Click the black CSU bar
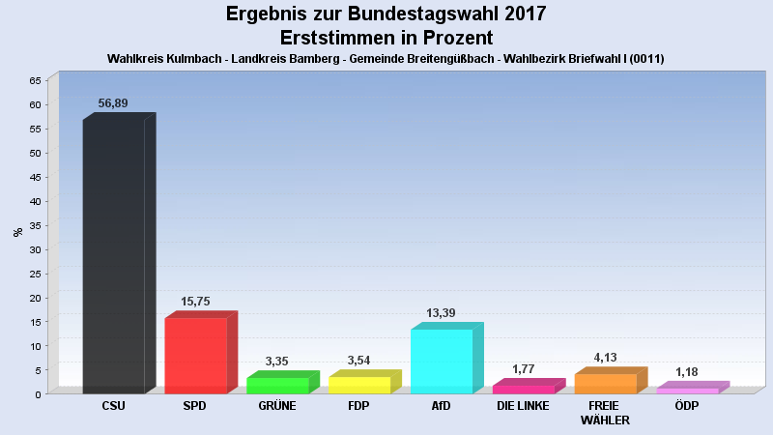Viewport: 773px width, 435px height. coord(119,253)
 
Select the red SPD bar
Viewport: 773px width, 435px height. coord(201,352)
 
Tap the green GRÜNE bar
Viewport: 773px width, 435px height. coord(283,382)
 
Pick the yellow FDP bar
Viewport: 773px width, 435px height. coord(365,382)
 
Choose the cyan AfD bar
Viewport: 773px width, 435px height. coord(447,358)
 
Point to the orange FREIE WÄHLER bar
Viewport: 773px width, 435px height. coord(612,380)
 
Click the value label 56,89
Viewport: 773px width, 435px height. coord(113,103)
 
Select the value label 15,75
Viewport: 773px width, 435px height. coord(195,302)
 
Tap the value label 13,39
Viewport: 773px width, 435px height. coord(441,313)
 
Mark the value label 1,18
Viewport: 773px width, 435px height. coord(687,372)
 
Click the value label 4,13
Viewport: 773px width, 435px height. coord(605,358)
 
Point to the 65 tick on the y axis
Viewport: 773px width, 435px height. coord(35,80)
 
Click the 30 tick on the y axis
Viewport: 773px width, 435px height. coord(35,249)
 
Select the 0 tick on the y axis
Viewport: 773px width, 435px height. coord(38,394)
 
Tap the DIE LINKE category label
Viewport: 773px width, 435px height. coord(523,406)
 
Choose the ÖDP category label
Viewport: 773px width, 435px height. coord(687,405)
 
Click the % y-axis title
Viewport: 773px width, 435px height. coord(18,232)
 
